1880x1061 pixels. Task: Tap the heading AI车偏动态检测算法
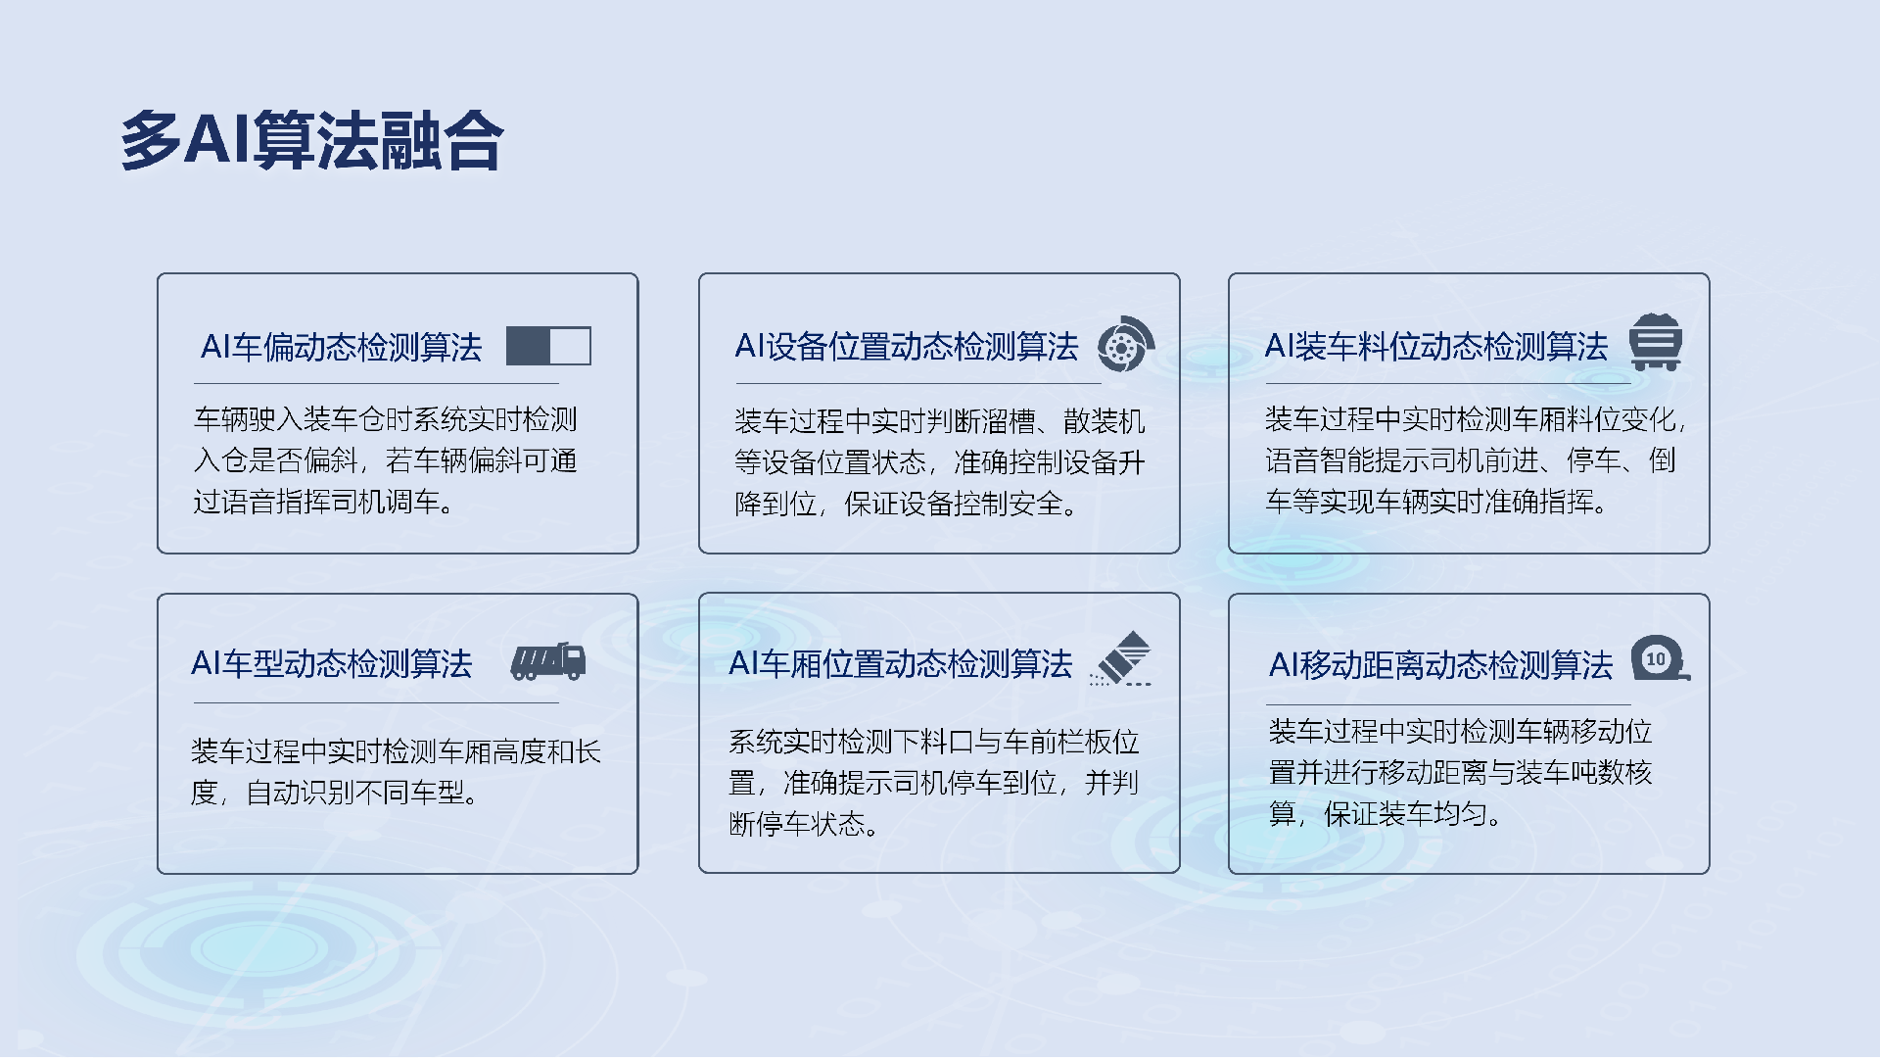coord(341,348)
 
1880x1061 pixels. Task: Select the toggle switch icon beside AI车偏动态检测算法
coord(548,347)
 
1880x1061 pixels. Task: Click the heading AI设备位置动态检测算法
coord(906,347)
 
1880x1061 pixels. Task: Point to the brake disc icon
coord(1125,345)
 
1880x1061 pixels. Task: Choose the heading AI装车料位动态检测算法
coord(1435,347)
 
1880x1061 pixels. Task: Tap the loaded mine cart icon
coord(1655,342)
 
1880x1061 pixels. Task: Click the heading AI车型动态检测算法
coord(331,664)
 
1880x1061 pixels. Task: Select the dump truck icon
coord(548,662)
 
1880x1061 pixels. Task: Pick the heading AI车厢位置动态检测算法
coord(900,664)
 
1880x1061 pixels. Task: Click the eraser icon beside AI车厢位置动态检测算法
coord(1122,658)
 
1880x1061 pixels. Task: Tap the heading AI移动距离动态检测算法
coord(1440,666)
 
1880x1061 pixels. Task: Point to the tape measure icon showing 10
coord(1659,659)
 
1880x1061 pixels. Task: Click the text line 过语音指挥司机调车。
coord(323,503)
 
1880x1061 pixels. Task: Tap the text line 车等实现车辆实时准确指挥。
coord(1435,503)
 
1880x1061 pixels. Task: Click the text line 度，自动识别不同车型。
coord(335,793)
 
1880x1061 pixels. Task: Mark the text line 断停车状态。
coord(803,824)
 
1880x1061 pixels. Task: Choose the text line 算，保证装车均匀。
coord(1385,814)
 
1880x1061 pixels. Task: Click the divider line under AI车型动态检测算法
coord(376,703)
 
